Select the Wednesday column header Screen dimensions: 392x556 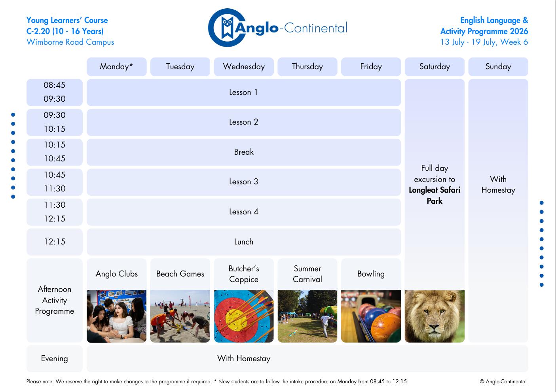tap(244, 66)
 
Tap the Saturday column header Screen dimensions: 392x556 tap(435, 66)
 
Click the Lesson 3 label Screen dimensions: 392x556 tap(244, 182)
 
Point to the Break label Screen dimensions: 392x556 tap(244, 152)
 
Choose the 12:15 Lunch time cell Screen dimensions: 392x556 tap(55, 242)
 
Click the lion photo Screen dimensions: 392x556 tap(435, 316)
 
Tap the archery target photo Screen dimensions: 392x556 tap(244, 316)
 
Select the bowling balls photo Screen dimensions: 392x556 tap(371, 316)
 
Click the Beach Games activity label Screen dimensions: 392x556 tap(180, 274)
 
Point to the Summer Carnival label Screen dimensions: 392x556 tap(307, 274)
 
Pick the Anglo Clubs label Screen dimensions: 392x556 tap(117, 274)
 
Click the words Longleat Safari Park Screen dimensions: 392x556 tap(435, 195)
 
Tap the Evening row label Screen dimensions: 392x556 tap(55, 359)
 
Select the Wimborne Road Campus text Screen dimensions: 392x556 tap(70, 42)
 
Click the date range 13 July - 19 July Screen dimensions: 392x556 tap(468, 42)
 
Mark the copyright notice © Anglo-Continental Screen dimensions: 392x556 tap(503, 382)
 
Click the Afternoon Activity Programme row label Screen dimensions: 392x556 tap(55, 300)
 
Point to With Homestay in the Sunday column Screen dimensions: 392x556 tap(498, 185)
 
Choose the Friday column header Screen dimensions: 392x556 tap(371, 66)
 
